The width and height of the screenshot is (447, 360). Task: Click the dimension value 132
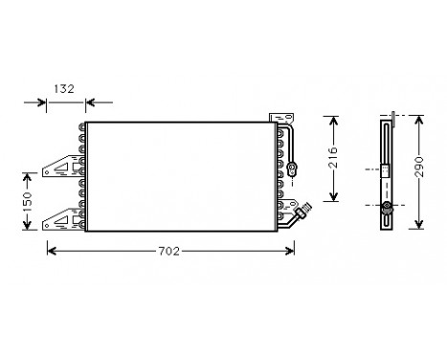(x=64, y=89)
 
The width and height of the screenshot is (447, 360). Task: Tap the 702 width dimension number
(x=169, y=252)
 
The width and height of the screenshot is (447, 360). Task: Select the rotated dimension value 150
(x=28, y=201)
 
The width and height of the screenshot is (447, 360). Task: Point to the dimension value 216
(x=333, y=157)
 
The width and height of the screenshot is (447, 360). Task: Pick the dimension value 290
(x=419, y=167)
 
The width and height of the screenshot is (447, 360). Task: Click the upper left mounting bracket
(x=62, y=166)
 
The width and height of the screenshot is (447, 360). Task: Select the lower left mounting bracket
(x=62, y=219)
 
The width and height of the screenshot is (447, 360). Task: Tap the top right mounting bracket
(x=281, y=118)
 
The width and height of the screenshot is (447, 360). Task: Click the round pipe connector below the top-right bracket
(x=291, y=169)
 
